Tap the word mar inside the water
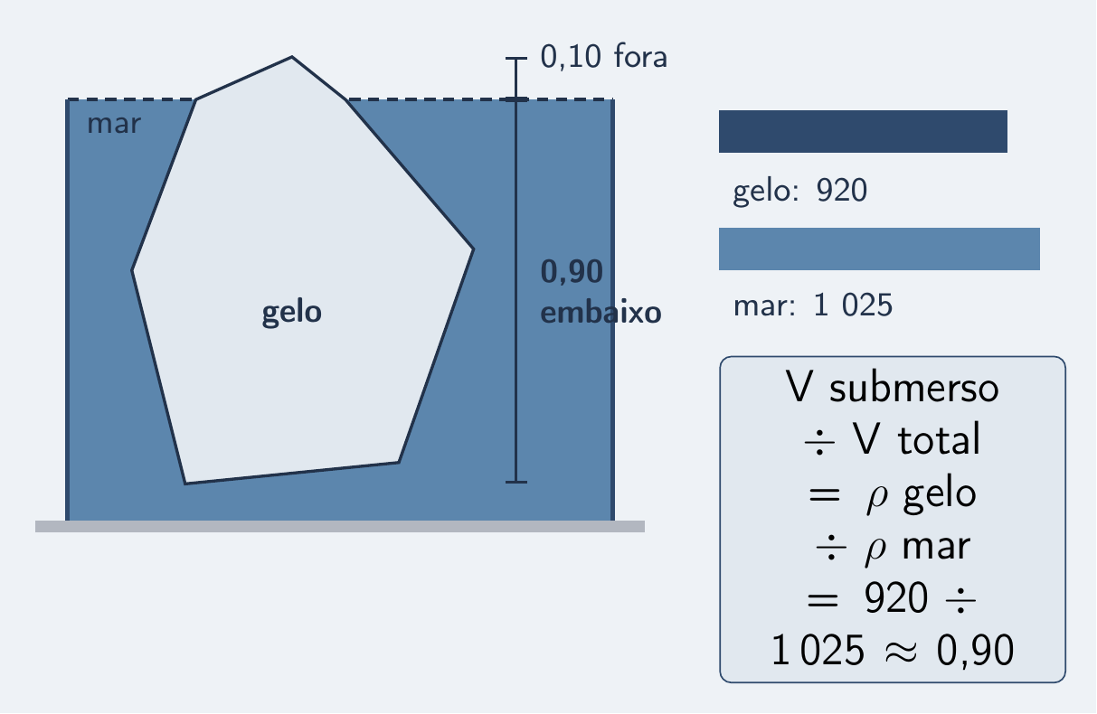[x=114, y=124]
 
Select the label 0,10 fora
[x=603, y=57]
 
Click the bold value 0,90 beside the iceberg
[x=572, y=272]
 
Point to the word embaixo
[x=601, y=313]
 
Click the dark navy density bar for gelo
[x=863, y=132]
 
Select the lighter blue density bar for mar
[x=879, y=249]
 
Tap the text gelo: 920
[x=799, y=192]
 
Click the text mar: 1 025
[x=813, y=305]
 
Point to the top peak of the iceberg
[x=292, y=57]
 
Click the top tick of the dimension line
[x=516, y=58]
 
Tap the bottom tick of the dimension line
[x=516, y=482]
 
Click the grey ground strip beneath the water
[x=340, y=526]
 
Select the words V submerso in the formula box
[x=893, y=388]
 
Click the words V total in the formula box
[x=916, y=439]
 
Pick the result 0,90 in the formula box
[x=975, y=651]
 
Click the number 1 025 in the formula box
[x=818, y=651]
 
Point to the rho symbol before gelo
[x=877, y=500]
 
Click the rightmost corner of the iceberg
[x=473, y=249]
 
